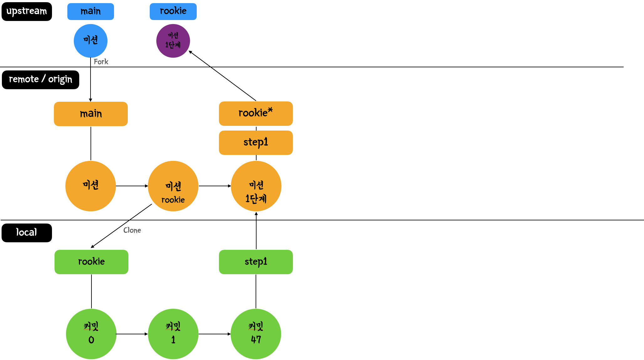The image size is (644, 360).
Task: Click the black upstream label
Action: (x=27, y=12)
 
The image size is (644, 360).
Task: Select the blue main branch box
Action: (x=91, y=12)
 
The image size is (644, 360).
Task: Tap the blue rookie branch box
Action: (x=173, y=12)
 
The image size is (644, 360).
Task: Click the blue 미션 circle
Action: (x=91, y=41)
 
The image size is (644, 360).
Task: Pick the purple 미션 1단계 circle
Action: (x=173, y=41)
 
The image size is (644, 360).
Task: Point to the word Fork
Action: (x=101, y=62)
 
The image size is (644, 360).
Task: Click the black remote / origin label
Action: (x=40, y=80)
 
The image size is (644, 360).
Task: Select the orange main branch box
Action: (x=91, y=114)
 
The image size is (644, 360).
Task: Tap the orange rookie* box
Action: (x=256, y=114)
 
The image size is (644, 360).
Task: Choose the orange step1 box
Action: (x=256, y=143)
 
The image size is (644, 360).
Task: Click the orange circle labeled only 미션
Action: (x=91, y=186)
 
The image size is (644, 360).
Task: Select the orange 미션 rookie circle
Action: (x=173, y=186)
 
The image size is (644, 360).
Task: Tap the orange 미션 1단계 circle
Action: (x=256, y=186)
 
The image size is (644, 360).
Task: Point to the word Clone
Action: (x=132, y=230)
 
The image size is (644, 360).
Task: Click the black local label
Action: (x=27, y=233)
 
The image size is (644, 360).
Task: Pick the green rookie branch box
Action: (x=91, y=262)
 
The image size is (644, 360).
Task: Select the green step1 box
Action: (x=256, y=262)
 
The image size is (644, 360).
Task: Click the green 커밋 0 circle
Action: (x=91, y=334)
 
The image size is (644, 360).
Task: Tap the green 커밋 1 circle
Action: (x=173, y=334)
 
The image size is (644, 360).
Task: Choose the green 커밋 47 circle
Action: (x=256, y=334)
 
